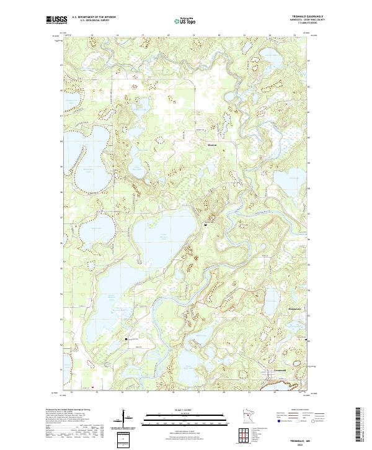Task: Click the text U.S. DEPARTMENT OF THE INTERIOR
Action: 93,17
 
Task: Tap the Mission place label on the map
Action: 212,145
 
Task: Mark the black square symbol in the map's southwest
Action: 126,339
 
